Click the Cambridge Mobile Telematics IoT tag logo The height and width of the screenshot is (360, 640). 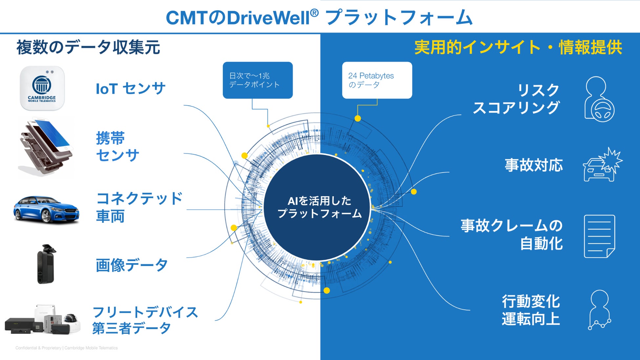(42, 88)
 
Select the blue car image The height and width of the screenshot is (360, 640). (46, 209)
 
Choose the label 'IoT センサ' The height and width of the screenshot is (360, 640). (130, 89)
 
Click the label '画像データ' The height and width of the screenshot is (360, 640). (132, 265)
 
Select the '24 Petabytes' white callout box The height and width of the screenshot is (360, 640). (377, 80)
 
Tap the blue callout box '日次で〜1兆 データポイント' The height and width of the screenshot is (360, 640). (257, 80)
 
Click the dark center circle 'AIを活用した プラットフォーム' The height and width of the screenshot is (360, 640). (317, 207)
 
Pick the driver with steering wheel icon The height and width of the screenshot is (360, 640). (599, 99)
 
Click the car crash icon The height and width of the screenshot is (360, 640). (602, 165)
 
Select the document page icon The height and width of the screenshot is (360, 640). (599, 236)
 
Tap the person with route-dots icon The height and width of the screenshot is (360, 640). (599, 309)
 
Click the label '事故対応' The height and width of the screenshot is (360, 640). (534, 165)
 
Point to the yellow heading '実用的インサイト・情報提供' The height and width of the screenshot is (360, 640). (518, 47)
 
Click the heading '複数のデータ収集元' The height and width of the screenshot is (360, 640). (88, 47)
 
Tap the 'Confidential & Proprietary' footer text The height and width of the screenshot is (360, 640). (66, 348)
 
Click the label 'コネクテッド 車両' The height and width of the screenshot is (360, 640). (139, 207)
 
